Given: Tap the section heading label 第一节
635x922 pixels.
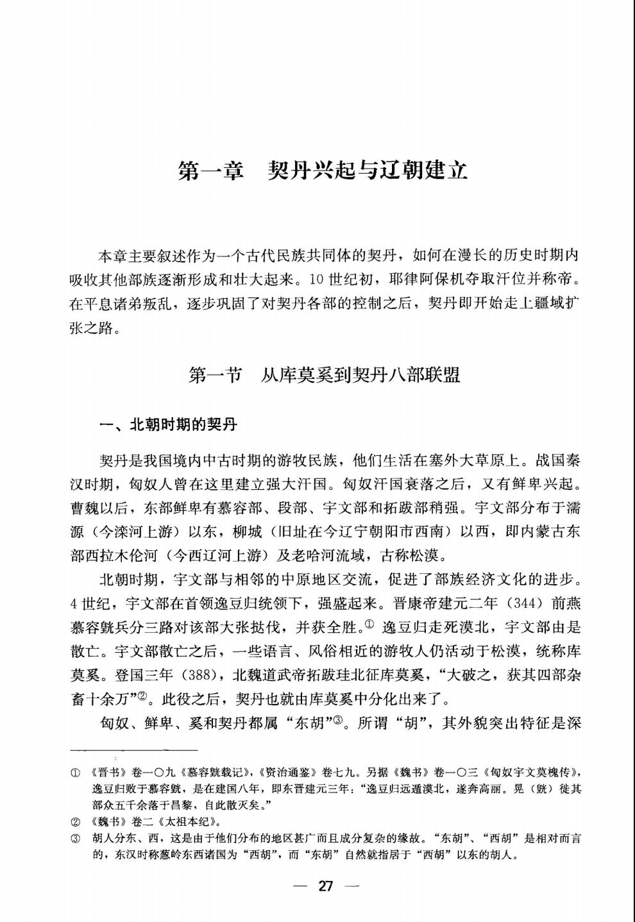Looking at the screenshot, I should (214, 376).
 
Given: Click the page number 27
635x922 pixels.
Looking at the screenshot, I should (325, 887).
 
